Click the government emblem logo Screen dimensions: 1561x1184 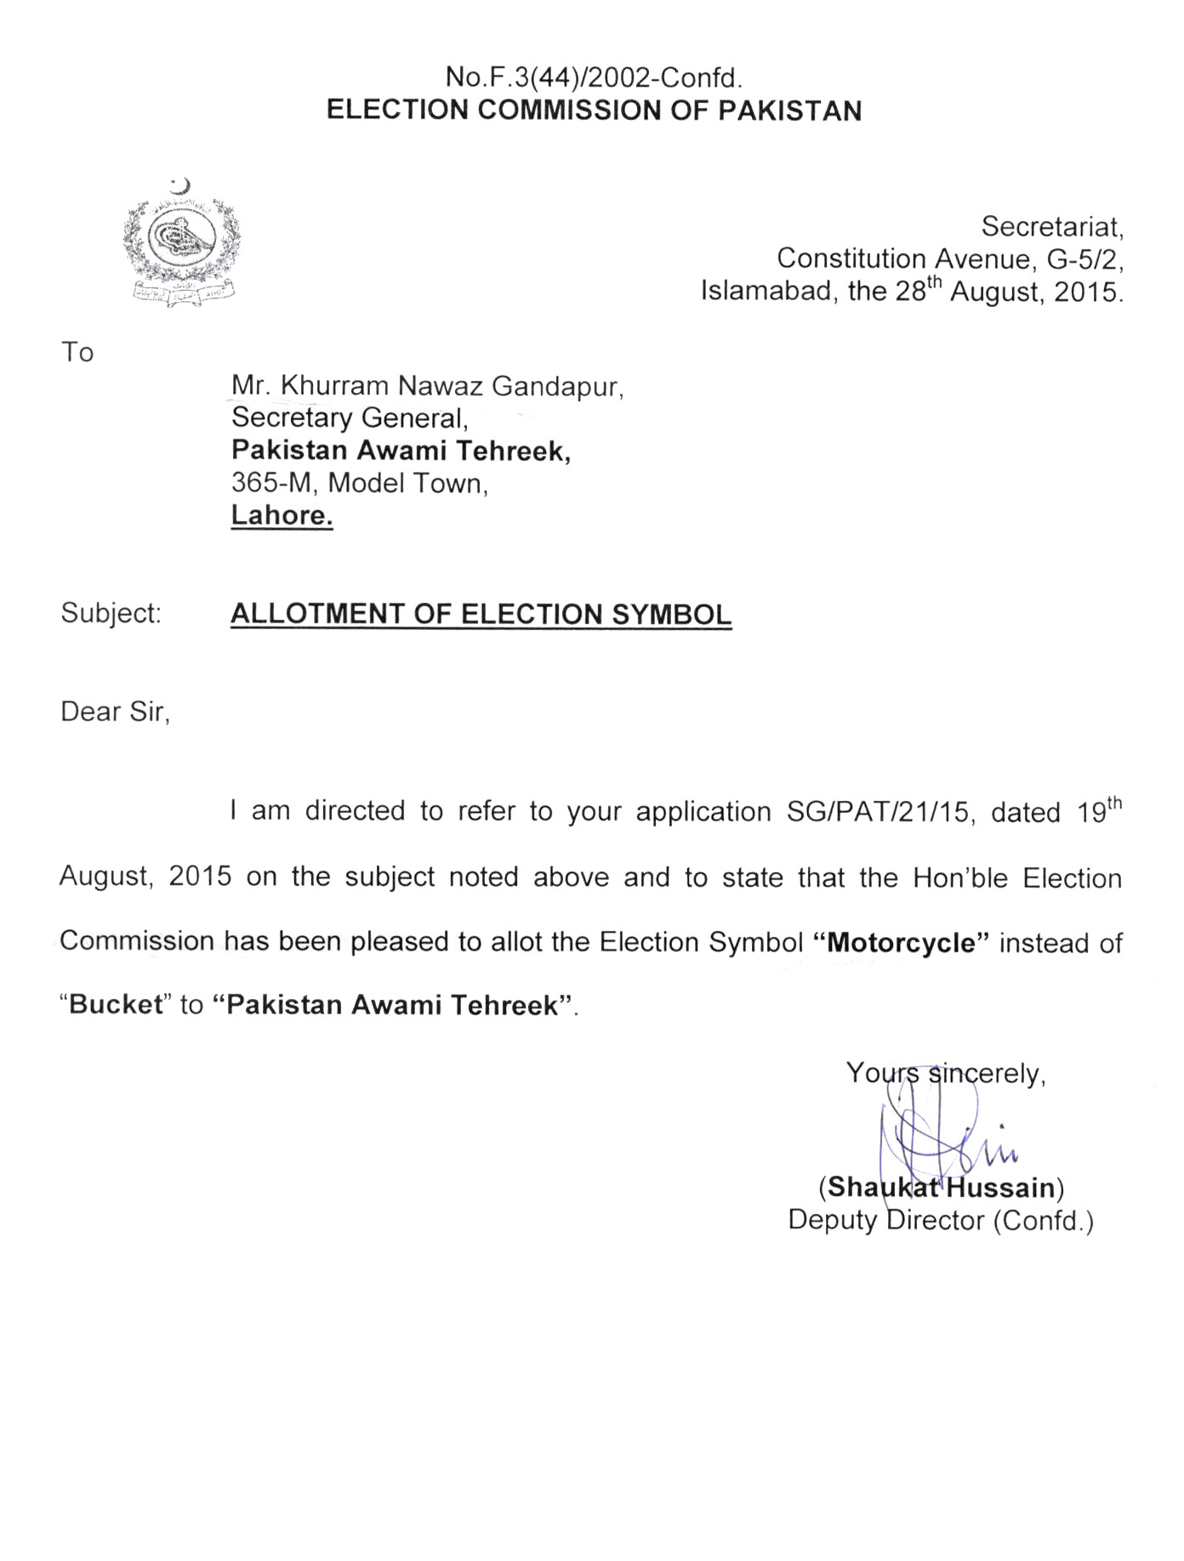pos(181,242)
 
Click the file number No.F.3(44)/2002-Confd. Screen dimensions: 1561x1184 pos(594,78)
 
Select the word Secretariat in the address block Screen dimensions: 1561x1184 pos(1052,227)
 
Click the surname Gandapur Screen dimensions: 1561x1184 pos(557,387)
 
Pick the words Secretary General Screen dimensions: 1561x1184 pos(349,418)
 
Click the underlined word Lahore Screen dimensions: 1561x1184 pos(282,515)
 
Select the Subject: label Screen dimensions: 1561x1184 pos(111,613)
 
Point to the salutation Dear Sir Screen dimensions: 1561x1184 pos(115,711)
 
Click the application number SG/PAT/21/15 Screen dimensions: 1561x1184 pos(878,813)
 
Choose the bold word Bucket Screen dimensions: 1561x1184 pos(116,1005)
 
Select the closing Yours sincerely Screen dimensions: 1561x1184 pos(945,1074)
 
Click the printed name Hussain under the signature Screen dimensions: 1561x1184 pos(1000,1187)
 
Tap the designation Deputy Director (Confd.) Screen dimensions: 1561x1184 pos(941,1221)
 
